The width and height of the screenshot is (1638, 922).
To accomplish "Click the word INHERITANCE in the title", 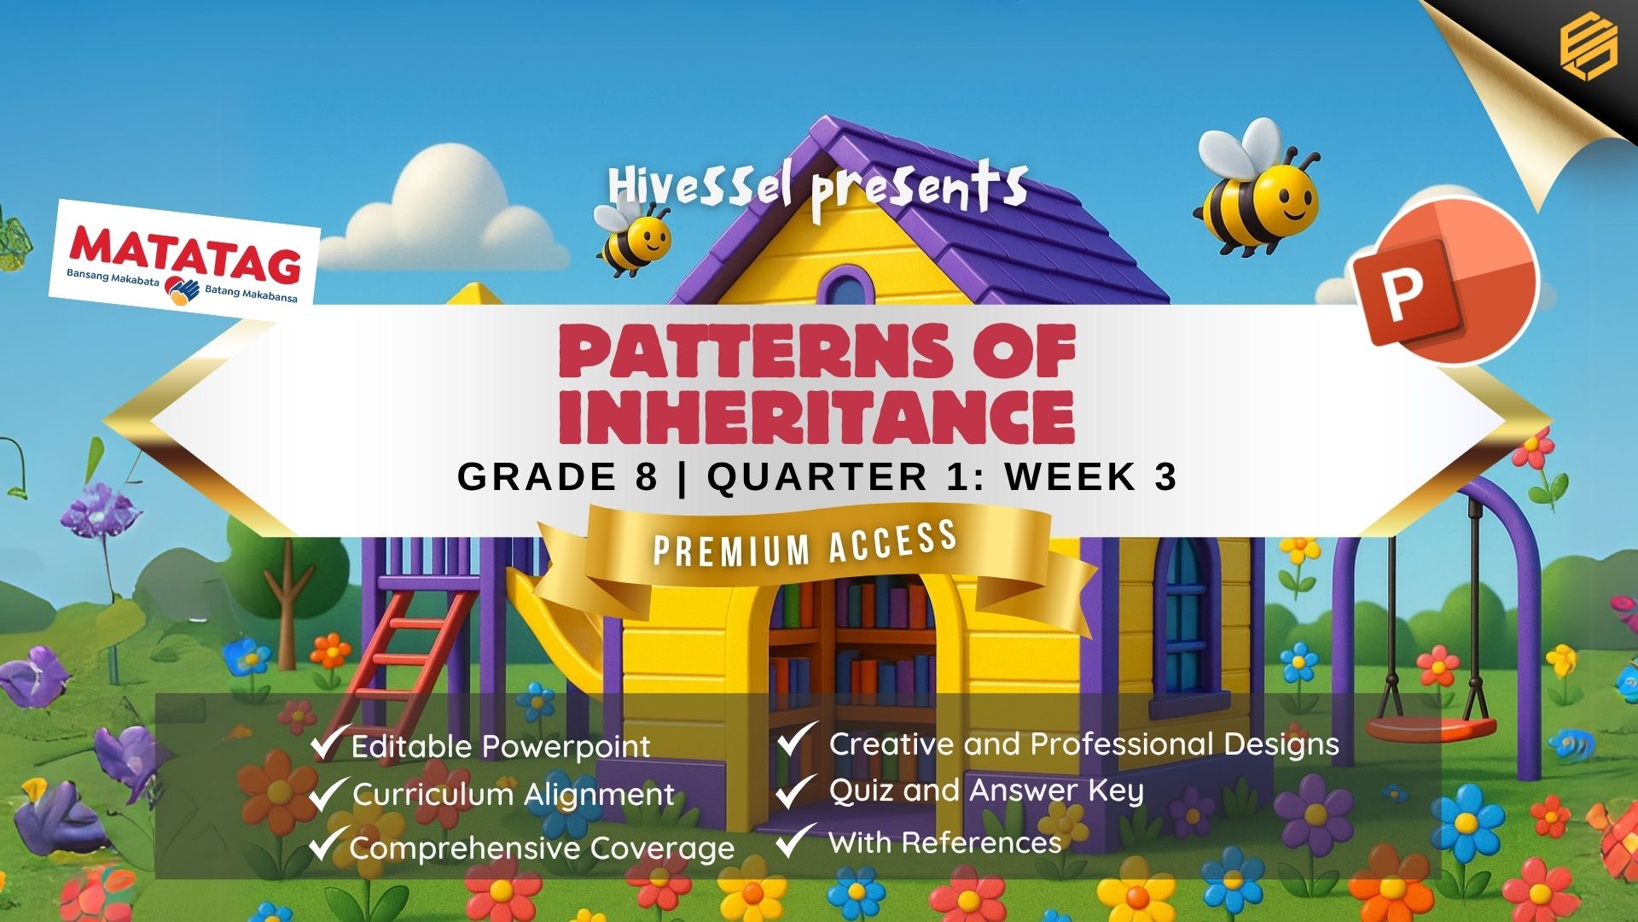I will (x=816, y=417).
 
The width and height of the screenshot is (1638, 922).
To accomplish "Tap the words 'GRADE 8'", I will (x=558, y=476).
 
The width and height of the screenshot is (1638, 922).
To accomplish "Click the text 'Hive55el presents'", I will (x=817, y=190).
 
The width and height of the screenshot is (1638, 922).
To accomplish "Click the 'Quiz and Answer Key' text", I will (x=985, y=791).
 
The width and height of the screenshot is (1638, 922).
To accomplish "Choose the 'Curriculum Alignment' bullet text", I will (x=514, y=795).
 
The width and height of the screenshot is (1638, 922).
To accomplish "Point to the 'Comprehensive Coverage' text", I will (x=542, y=849).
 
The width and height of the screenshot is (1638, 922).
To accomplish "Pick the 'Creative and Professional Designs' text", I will (x=1083, y=744).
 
